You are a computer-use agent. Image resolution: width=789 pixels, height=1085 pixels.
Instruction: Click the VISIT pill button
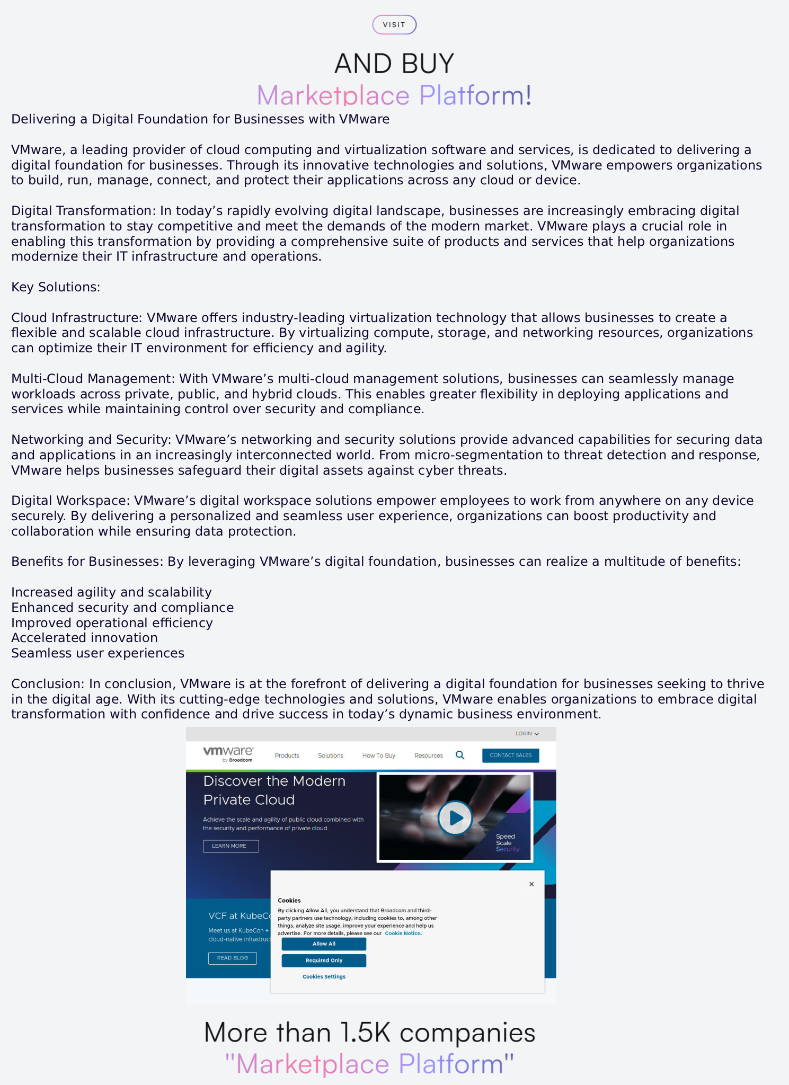click(x=394, y=25)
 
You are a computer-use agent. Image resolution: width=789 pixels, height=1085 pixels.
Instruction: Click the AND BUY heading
click(x=394, y=64)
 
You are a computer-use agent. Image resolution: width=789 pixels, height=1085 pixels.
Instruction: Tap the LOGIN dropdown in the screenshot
click(x=527, y=734)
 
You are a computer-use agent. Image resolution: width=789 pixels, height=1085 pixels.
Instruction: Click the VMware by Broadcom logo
click(x=228, y=754)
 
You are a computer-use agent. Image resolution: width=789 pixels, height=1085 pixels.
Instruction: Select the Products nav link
click(x=287, y=755)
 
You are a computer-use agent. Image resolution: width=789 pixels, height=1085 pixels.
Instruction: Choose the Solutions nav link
click(x=330, y=755)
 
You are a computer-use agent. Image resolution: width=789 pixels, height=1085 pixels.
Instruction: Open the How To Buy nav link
click(x=378, y=755)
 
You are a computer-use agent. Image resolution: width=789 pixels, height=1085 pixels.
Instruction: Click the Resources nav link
click(x=428, y=755)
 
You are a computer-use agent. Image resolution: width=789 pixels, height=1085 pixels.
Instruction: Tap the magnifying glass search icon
click(x=460, y=755)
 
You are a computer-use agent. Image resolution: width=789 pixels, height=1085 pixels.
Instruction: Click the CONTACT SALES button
click(x=510, y=755)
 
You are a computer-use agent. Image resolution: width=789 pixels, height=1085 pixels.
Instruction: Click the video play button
click(x=455, y=818)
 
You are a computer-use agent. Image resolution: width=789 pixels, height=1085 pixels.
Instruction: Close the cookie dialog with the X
click(x=531, y=884)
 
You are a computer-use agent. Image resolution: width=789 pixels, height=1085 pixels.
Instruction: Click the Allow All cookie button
click(x=324, y=944)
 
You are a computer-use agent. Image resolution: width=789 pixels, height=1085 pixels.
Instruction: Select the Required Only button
click(x=324, y=961)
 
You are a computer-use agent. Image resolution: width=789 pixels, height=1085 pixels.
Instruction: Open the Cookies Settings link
click(x=324, y=976)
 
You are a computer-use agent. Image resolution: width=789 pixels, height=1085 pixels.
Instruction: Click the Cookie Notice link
click(x=403, y=933)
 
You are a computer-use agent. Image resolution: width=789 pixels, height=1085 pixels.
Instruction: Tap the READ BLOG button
click(x=232, y=958)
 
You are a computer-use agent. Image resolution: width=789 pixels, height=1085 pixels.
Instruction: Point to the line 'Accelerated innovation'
click(x=85, y=638)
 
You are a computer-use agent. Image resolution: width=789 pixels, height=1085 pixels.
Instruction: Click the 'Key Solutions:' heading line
click(x=56, y=287)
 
